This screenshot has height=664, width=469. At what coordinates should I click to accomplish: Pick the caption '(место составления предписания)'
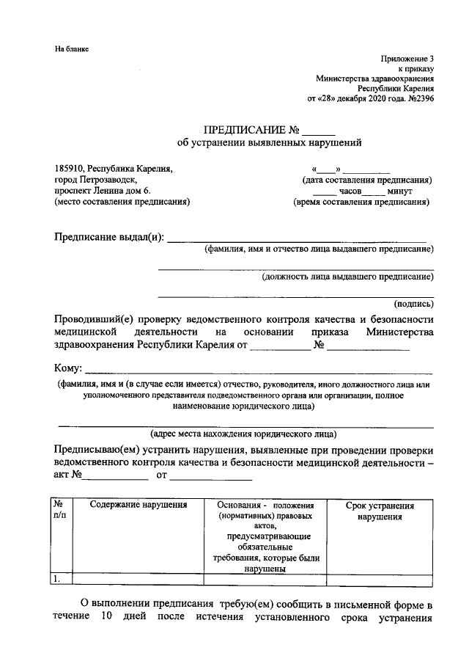pyautogui.click(x=122, y=202)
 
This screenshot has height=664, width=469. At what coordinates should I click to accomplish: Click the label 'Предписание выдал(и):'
pyautogui.click(x=110, y=237)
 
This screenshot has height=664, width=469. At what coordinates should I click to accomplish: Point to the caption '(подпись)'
pyautogui.click(x=413, y=302)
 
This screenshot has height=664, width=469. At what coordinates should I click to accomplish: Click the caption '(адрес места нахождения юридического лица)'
pyautogui.click(x=243, y=433)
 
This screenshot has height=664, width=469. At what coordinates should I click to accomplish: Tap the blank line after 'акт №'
pyautogui.click(x=115, y=477)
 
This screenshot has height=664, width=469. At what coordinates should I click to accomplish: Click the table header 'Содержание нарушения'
pyautogui.click(x=139, y=506)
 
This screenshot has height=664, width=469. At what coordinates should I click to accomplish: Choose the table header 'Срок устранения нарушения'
pyautogui.click(x=380, y=511)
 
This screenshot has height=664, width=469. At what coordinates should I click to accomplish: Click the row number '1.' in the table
pyautogui.click(x=56, y=578)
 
